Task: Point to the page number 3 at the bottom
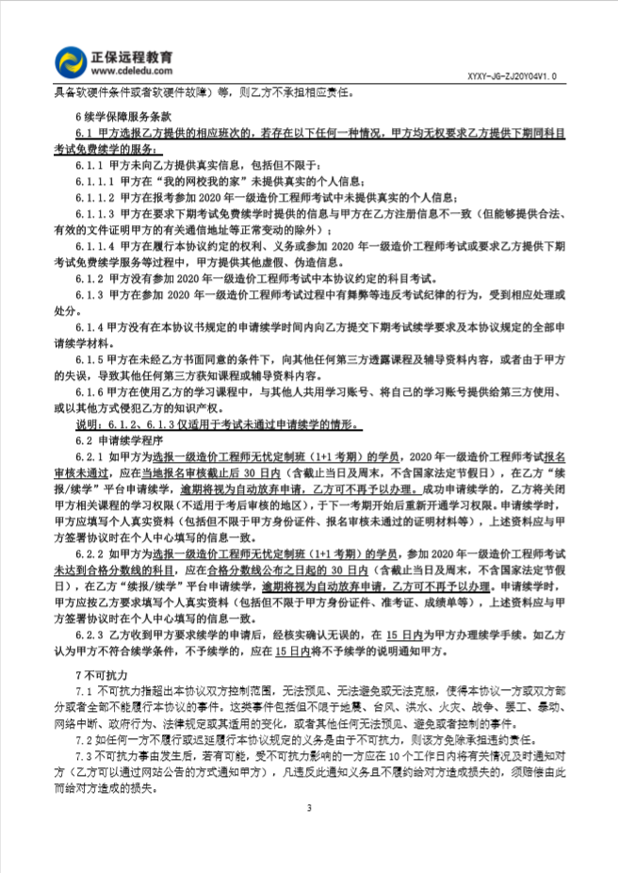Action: [308, 808]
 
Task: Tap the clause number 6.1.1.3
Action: [94, 213]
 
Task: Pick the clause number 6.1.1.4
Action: [94, 246]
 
